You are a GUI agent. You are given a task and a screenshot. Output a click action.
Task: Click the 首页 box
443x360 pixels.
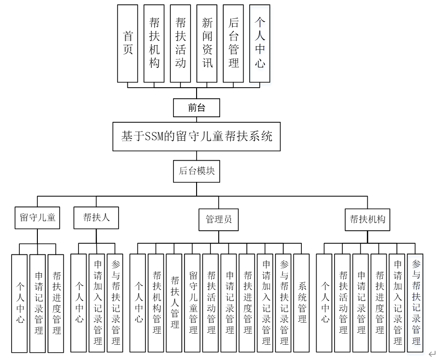click(x=128, y=43)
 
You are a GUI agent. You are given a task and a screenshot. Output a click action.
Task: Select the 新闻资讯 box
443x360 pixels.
click(x=207, y=43)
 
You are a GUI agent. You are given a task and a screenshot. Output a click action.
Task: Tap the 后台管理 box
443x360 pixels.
click(x=233, y=43)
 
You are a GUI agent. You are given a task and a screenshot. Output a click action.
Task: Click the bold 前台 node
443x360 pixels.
click(x=197, y=108)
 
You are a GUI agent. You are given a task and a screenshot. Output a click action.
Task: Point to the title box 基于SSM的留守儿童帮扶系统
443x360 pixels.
click(x=197, y=137)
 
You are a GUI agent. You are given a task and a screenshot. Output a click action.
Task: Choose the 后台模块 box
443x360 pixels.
click(x=197, y=171)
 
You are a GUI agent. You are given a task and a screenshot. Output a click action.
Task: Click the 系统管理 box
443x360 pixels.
click(x=302, y=303)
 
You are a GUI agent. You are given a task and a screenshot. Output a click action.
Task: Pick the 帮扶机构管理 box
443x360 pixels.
click(x=156, y=303)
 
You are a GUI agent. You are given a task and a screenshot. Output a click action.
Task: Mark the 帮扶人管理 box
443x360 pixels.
click(x=174, y=303)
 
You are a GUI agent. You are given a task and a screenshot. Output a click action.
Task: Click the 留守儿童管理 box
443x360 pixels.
click(x=193, y=303)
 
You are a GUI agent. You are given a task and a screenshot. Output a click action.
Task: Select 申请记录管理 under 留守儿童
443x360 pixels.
click(x=38, y=303)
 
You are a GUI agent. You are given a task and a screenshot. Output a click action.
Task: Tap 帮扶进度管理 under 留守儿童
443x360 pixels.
click(x=56, y=303)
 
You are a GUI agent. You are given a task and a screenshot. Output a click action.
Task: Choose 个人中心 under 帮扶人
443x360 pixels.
click(x=79, y=303)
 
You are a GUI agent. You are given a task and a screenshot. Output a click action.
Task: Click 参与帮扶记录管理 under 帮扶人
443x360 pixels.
click(x=115, y=303)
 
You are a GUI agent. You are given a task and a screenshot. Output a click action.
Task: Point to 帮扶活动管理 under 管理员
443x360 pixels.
click(x=211, y=303)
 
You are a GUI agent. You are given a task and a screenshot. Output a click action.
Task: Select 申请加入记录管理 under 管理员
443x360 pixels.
click(x=266, y=303)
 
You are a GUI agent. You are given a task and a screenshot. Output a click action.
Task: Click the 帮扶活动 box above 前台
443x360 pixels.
click(x=180, y=43)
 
